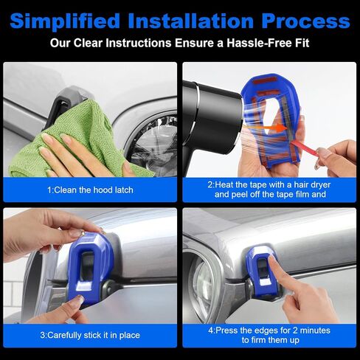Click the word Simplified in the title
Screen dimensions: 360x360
pyautogui.click(x=65, y=21)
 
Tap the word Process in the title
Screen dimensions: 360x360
pyautogui.click(x=305, y=21)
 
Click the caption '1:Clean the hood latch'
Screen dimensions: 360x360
pyautogui.click(x=90, y=190)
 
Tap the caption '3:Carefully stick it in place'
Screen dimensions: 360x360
pyautogui.click(x=90, y=335)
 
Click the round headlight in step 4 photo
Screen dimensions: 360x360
pyautogui.click(x=201, y=283)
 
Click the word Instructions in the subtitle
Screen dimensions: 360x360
pyautogui.click(x=139, y=43)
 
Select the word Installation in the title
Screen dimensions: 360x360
pyautogui.click(x=191, y=21)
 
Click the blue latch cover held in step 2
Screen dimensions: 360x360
pyautogui.click(x=271, y=120)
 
